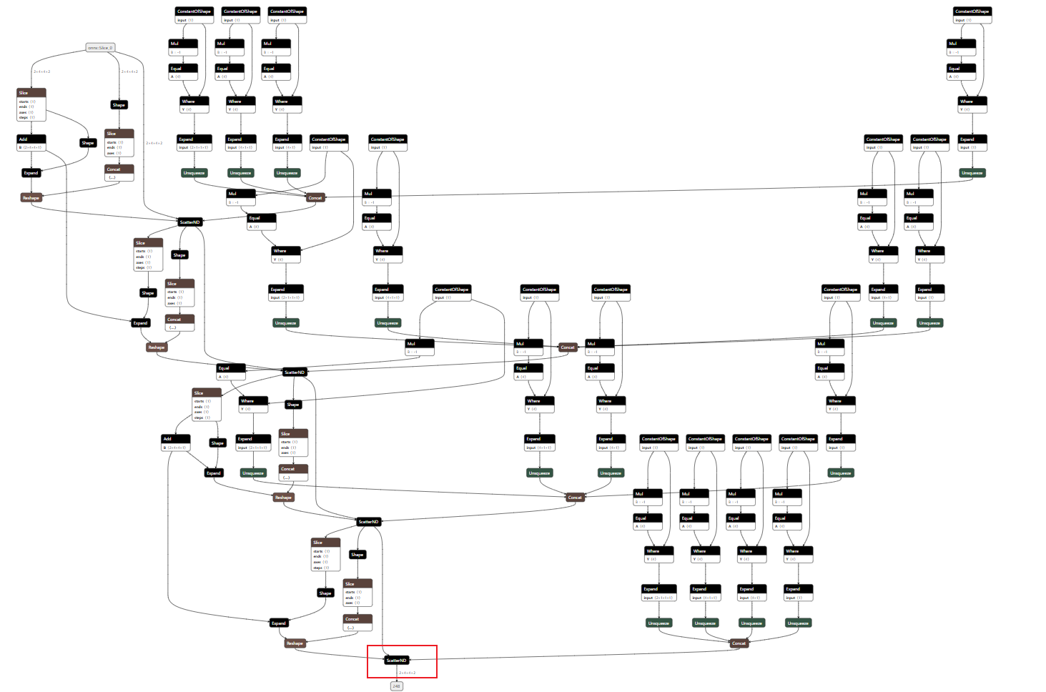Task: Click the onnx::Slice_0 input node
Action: tap(100, 48)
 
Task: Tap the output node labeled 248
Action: tap(396, 686)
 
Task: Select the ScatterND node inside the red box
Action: tap(397, 660)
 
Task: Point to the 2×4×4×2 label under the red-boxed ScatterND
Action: tap(407, 673)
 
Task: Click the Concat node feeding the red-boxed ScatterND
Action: tap(739, 643)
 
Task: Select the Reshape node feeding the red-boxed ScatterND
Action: tap(295, 643)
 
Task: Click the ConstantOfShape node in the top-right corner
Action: tap(972, 11)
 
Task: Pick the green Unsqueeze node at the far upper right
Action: tap(972, 173)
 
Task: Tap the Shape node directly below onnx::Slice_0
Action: tap(119, 105)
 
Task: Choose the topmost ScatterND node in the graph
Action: tap(190, 222)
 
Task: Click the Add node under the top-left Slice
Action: tap(31, 139)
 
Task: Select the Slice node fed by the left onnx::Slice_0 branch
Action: tap(31, 93)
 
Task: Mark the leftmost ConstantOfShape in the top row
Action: tap(194, 11)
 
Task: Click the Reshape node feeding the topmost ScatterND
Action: tap(31, 197)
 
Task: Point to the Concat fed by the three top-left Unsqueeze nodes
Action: tap(315, 197)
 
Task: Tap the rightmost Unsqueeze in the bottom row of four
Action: tap(798, 623)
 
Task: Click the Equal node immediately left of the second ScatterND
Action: tap(232, 368)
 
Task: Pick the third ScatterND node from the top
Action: tap(369, 522)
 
